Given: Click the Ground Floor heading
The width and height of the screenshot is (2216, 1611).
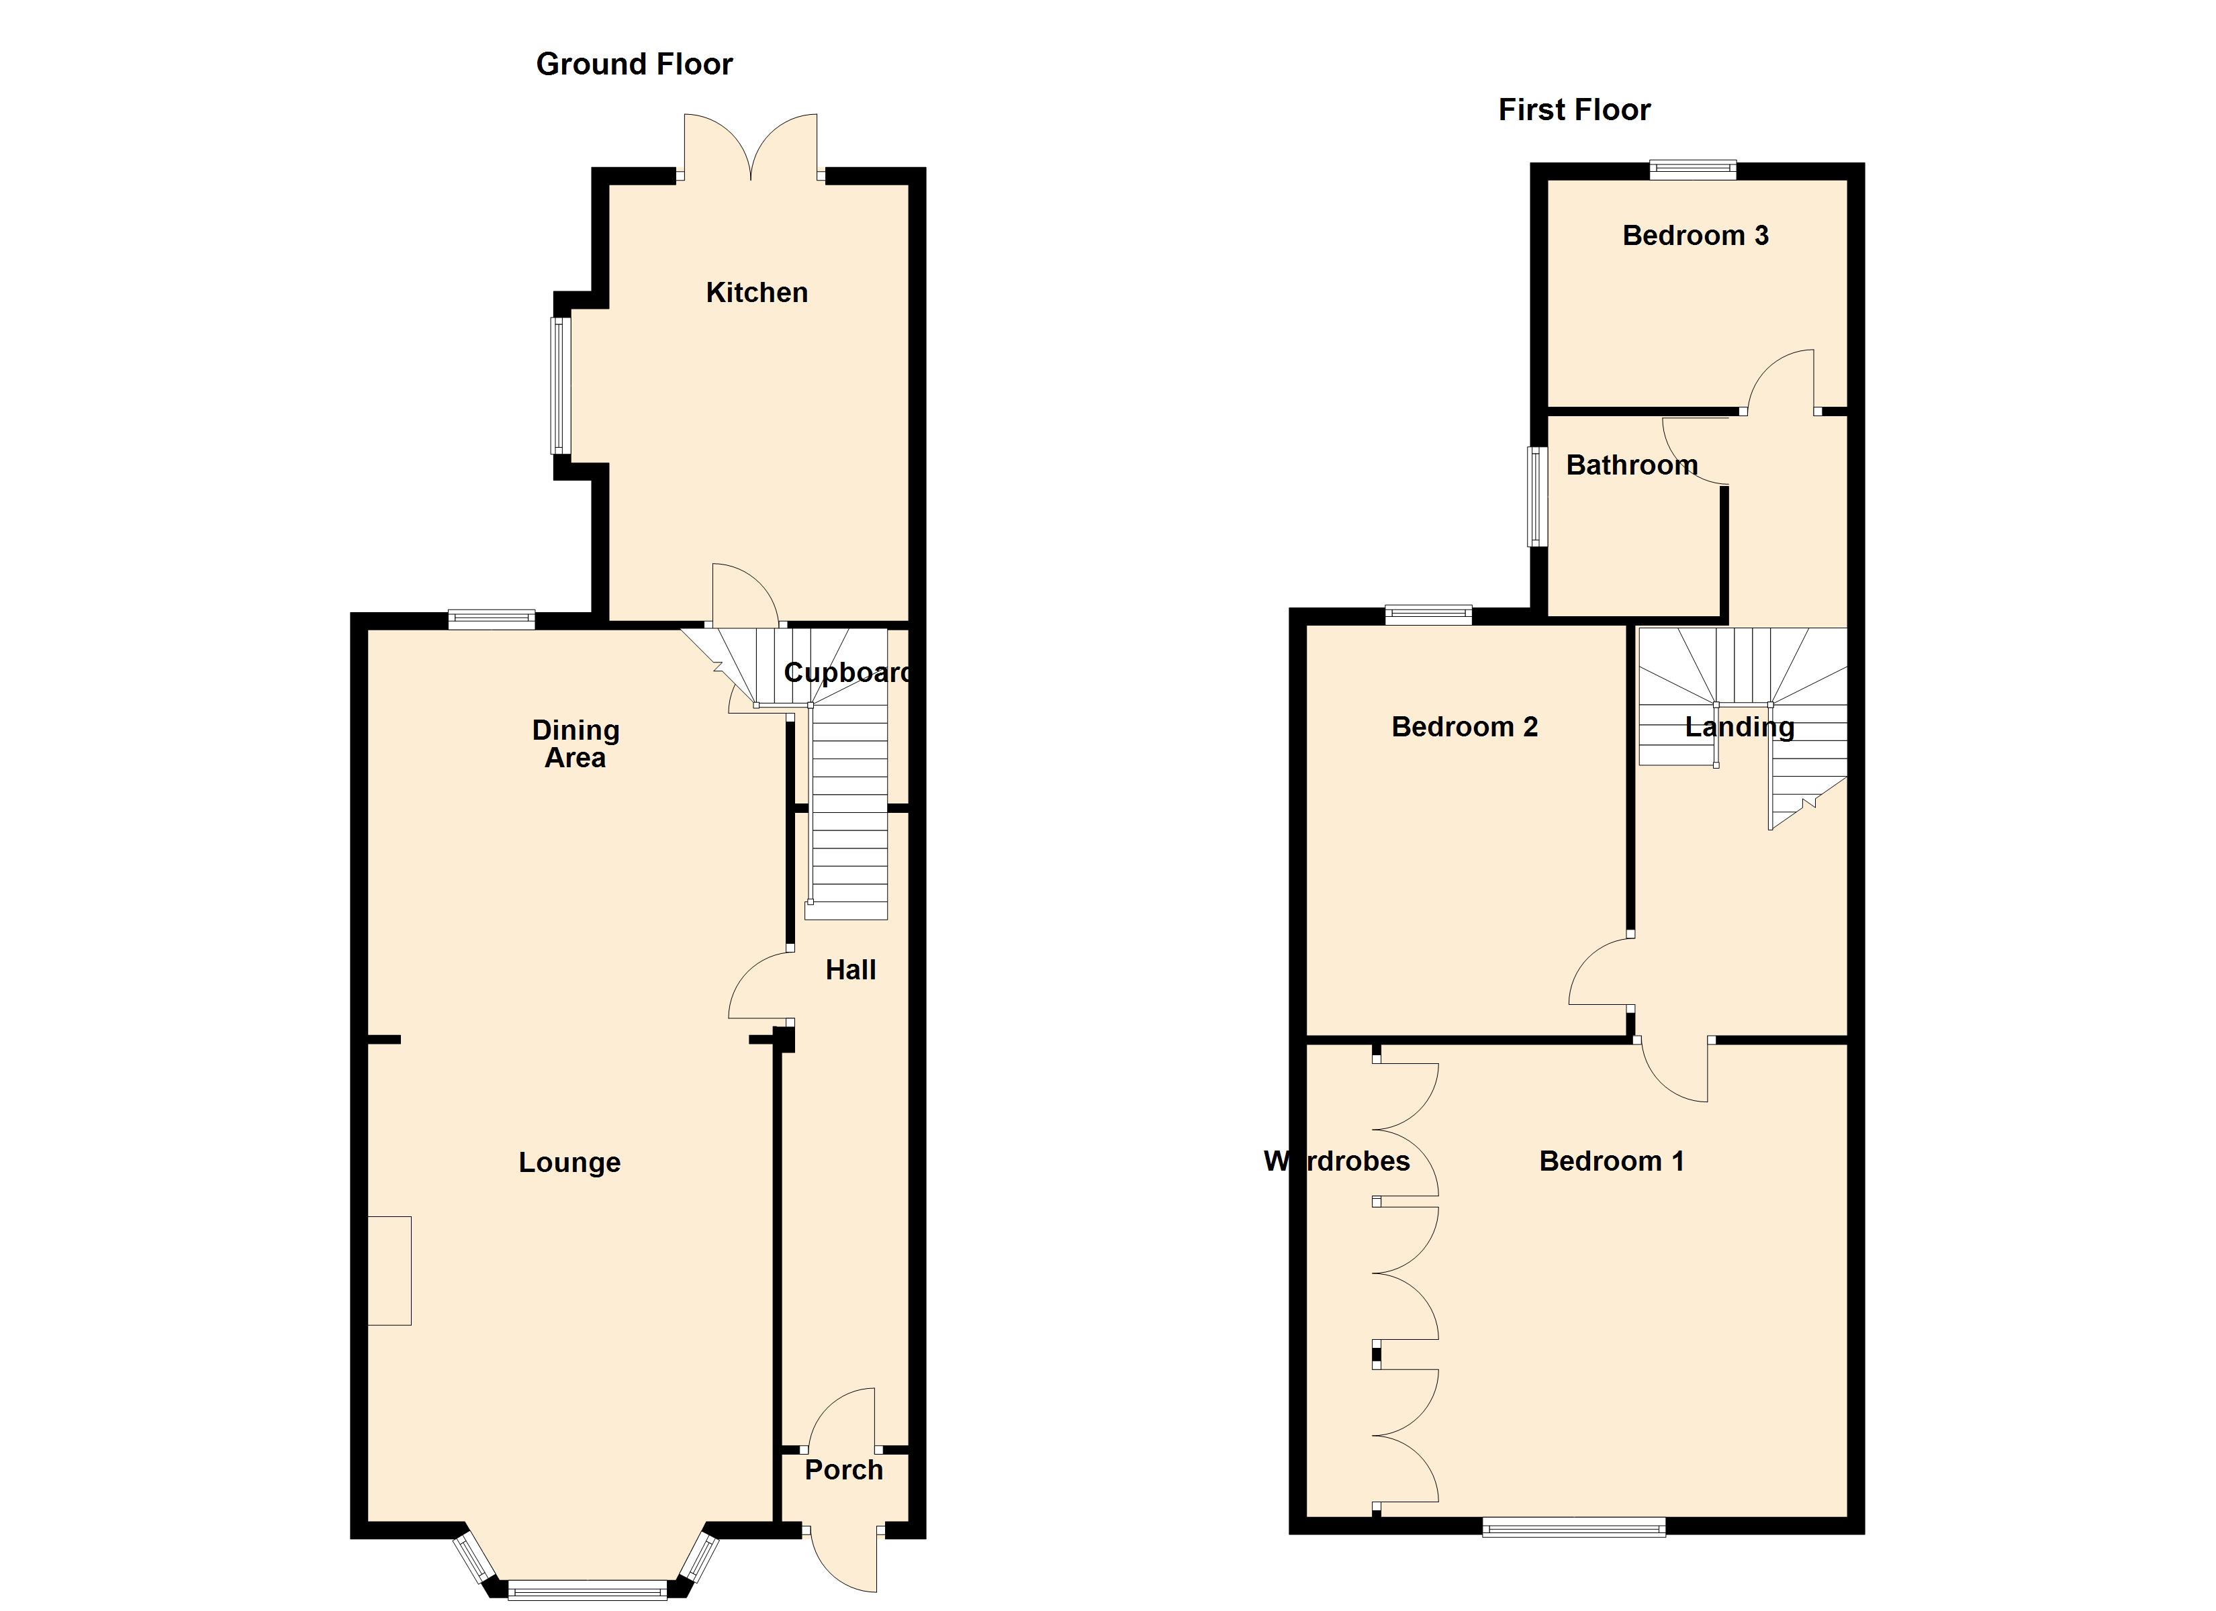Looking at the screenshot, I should click(634, 64).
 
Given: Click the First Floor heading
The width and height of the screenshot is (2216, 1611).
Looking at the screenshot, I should click(1574, 109).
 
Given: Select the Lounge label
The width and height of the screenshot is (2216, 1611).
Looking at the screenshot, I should click(569, 1162).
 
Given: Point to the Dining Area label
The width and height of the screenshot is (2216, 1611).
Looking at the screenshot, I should click(575, 744).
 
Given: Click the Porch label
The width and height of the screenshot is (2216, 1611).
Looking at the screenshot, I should click(843, 1469).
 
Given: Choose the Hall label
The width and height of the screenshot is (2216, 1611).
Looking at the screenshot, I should click(850, 969).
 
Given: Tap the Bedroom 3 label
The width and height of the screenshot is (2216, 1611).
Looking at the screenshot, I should click(1695, 236).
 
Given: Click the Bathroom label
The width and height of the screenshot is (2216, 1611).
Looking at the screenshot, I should click(1632, 465).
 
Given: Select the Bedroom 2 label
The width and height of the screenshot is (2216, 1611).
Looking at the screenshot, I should click(1464, 727).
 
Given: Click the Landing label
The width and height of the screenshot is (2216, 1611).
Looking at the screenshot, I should click(1739, 727).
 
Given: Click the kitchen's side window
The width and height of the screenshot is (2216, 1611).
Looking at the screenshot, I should click(560, 385).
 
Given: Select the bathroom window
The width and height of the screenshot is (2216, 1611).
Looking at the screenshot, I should click(1538, 496).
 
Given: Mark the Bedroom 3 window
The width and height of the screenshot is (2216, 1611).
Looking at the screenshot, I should click(1694, 170).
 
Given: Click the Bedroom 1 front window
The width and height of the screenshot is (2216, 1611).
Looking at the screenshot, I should click(1573, 1527).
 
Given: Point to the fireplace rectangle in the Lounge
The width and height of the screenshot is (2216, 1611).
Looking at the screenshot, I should click(389, 1270).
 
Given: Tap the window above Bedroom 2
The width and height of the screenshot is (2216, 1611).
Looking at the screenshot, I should click(1428, 616).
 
